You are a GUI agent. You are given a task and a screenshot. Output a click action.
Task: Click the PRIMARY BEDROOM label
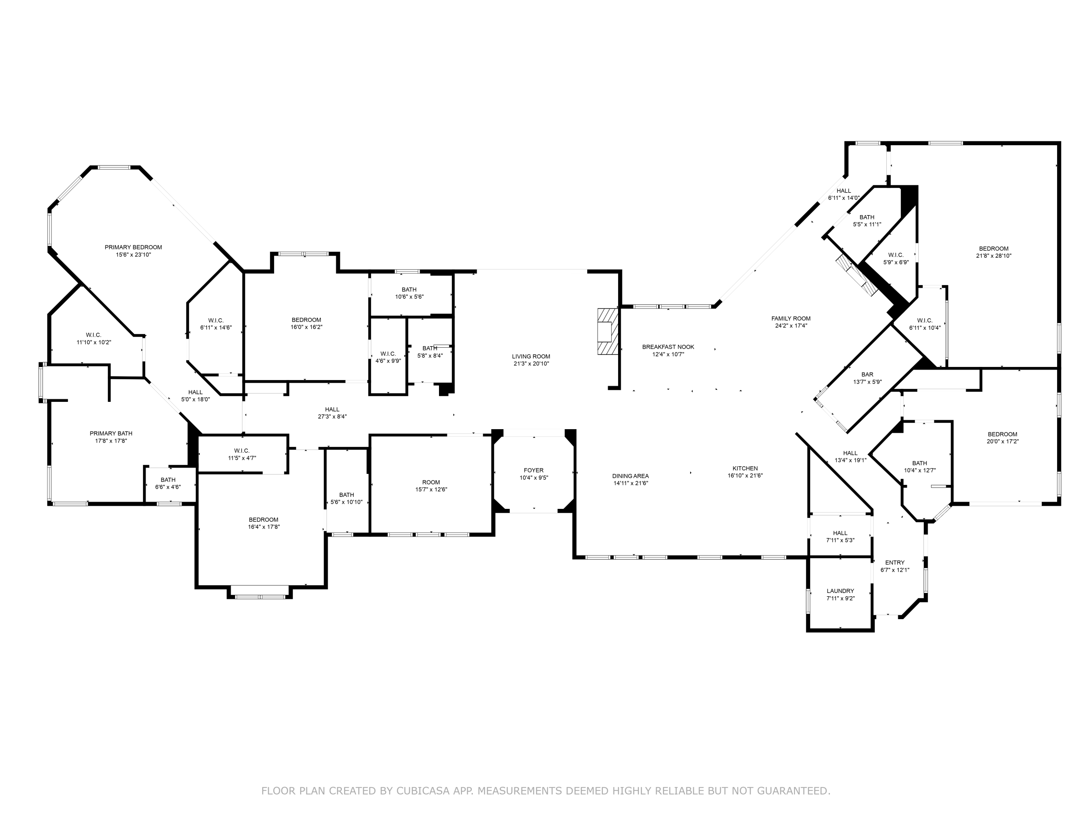point(133,247)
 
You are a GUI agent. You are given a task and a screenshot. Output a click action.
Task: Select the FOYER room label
point(533,470)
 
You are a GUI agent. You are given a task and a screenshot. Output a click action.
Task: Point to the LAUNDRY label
point(840,591)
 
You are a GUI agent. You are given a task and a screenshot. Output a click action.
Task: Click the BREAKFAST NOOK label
point(668,347)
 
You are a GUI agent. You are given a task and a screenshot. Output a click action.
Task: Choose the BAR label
point(867,375)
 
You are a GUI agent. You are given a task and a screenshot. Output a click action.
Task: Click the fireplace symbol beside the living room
point(607,331)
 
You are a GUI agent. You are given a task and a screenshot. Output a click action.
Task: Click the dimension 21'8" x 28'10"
point(993,256)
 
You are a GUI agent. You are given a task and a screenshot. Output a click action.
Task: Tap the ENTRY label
point(895,562)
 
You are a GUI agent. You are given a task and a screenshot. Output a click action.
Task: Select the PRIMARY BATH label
point(111,434)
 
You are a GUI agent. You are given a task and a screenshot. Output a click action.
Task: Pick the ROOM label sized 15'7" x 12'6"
point(431,482)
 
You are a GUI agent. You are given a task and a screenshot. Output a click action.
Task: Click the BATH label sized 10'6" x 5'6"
point(409,290)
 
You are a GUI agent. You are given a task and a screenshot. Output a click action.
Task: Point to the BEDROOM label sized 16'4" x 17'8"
point(263,519)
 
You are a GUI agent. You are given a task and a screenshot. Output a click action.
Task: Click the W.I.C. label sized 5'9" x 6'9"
point(895,255)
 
